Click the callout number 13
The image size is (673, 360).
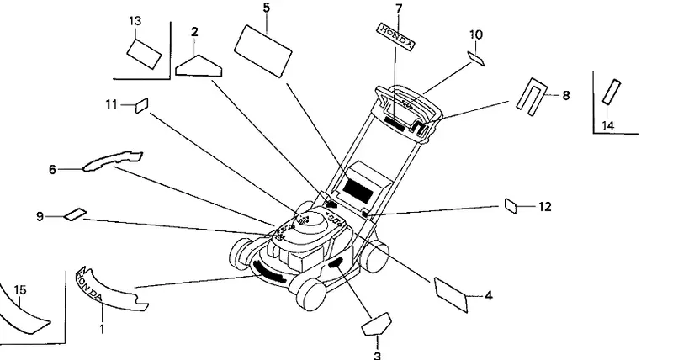135,21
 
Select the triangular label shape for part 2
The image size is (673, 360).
199,67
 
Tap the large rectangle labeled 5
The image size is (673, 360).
263,50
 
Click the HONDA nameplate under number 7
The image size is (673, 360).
396,36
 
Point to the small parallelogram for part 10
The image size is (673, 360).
476,58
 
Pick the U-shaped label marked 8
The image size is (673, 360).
531,97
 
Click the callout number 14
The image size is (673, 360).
607,125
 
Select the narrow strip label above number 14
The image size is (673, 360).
612,92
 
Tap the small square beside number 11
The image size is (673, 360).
141,105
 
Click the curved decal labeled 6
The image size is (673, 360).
113,161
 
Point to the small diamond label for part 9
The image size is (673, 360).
76,214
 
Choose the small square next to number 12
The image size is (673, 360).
511,206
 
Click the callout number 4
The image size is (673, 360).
489,295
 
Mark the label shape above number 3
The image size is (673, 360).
376,325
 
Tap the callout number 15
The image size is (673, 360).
20,290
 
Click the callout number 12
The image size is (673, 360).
544,207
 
